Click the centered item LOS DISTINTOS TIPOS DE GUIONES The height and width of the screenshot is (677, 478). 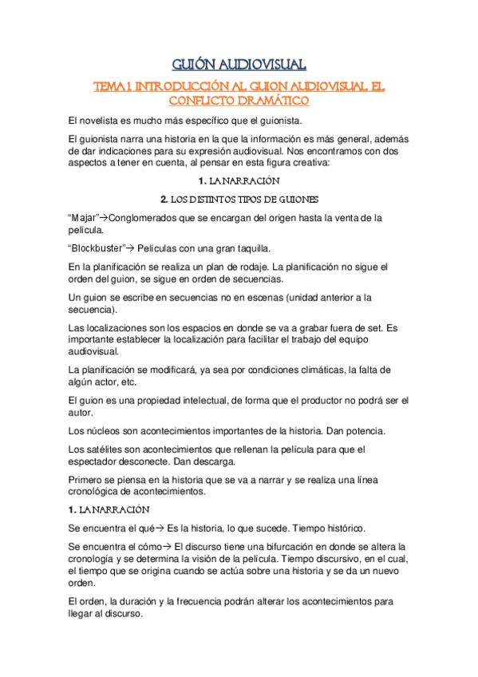pos(239,199)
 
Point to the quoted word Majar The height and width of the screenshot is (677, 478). pos(85,218)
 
